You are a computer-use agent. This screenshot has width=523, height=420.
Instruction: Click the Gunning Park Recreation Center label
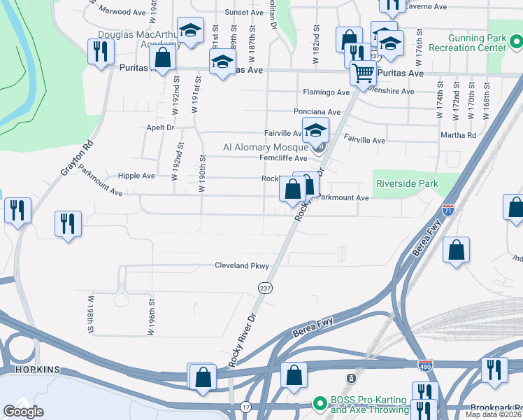476,43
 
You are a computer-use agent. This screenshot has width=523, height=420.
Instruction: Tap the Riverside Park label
407,183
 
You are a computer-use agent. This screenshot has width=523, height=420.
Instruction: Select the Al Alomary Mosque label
265,147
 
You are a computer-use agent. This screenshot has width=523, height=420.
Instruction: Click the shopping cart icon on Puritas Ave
363,73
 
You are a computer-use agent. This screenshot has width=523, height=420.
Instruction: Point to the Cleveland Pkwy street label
241,266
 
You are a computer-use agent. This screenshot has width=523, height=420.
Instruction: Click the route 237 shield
266,288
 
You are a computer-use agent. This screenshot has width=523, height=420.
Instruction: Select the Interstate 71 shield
448,209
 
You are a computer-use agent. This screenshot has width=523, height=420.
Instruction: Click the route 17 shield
245,407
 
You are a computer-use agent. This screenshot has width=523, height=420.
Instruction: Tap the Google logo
23,412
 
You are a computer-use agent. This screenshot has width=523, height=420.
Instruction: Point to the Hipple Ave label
136,176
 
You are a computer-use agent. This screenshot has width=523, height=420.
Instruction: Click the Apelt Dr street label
161,127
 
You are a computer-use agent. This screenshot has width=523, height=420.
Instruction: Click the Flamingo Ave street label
326,92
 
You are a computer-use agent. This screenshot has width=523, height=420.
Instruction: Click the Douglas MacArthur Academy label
133,38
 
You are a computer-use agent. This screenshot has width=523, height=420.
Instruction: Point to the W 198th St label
91,314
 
